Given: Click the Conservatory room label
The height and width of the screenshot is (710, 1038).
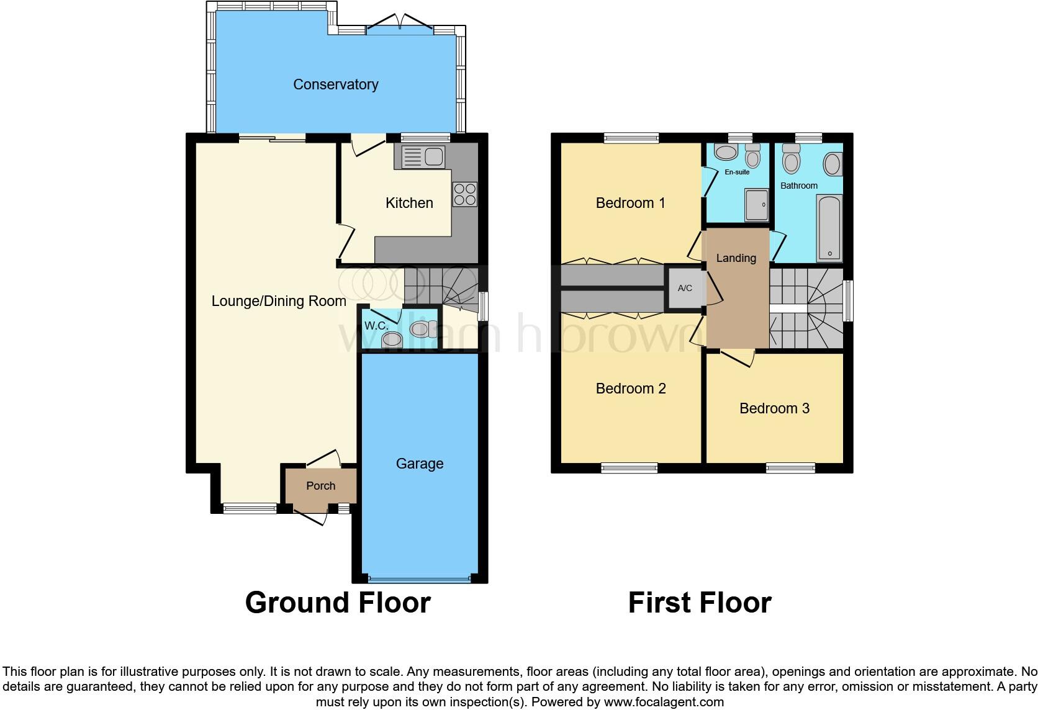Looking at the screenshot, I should tap(335, 84).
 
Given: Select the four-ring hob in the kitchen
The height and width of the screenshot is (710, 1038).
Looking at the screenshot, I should tap(466, 193).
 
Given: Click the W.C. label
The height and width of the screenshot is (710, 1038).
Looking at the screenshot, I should tap(376, 326).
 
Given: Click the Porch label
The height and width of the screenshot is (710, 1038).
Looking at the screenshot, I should tap(320, 486).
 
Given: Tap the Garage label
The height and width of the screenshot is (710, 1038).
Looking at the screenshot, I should tap(420, 464).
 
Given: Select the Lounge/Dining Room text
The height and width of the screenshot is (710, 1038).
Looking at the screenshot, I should tap(279, 301).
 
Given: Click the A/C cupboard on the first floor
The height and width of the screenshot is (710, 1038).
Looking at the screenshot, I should tap(685, 289).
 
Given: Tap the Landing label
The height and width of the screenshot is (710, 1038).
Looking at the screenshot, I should tap(736, 258).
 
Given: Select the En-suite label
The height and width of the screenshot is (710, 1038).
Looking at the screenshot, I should tap(737, 172).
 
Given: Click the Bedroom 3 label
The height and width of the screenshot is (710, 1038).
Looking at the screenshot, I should tap(774, 408).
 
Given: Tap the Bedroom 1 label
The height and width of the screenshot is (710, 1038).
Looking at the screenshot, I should tap(630, 203).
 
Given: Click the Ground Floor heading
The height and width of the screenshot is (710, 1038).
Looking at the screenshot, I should tap(338, 603).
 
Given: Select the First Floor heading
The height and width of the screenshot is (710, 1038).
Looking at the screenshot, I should tap(700, 603).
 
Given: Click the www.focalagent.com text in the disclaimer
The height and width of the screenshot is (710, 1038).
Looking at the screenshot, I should tap(664, 703).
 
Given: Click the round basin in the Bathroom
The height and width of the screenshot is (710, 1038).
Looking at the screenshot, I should tap(832, 164).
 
